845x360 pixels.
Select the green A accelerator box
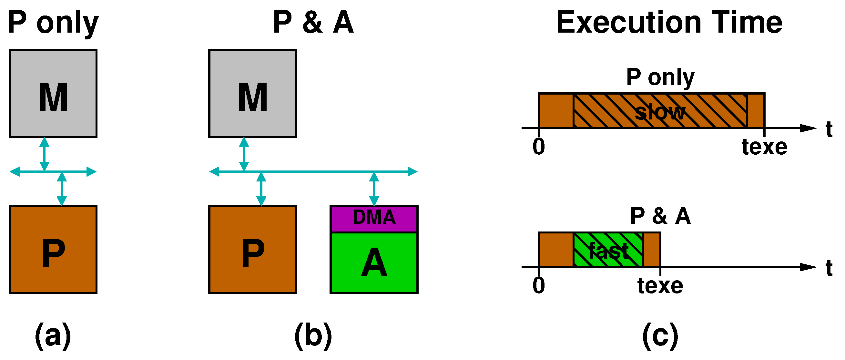(x=374, y=262)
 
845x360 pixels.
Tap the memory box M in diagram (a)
(x=53, y=94)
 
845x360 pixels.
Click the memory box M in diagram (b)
(x=253, y=94)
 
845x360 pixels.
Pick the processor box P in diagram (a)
(x=53, y=250)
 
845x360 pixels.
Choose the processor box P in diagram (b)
(x=253, y=250)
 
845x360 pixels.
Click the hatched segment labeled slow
(x=660, y=111)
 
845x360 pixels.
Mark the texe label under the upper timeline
(x=764, y=147)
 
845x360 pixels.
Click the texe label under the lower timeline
(x=660, y=285)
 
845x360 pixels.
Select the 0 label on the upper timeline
(x=539, y=147)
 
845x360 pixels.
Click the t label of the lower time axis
(x=829, y=268)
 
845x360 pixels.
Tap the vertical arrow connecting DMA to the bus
(x=374, y=189)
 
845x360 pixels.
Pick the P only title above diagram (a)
(x=53, y=22)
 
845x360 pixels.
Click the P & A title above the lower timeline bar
(x=660, y=216)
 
